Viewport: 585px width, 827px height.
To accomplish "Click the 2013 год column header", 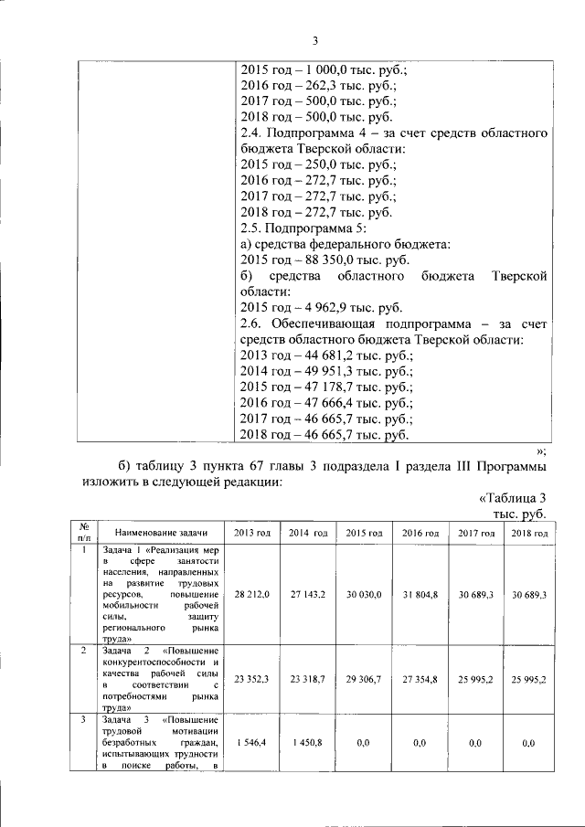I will click(251, 533).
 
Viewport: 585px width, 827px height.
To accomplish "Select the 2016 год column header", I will click(420, 533).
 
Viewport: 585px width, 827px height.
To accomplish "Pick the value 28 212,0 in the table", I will click(251, 595).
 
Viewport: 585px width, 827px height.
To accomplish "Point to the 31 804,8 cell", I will click(420, 595).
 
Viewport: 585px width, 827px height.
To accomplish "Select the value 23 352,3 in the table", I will click(251, 679).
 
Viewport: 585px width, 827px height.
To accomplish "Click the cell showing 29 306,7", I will click(364, 679).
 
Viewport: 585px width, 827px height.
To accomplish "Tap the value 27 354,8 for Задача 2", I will click(420, 679).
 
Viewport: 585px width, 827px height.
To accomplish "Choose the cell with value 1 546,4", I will click(251, 745).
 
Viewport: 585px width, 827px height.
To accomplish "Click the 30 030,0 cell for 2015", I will click(364, 595).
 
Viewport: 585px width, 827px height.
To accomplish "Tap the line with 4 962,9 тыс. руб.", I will click(320, 308).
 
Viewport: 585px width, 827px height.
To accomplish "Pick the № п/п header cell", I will click(83, 533).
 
